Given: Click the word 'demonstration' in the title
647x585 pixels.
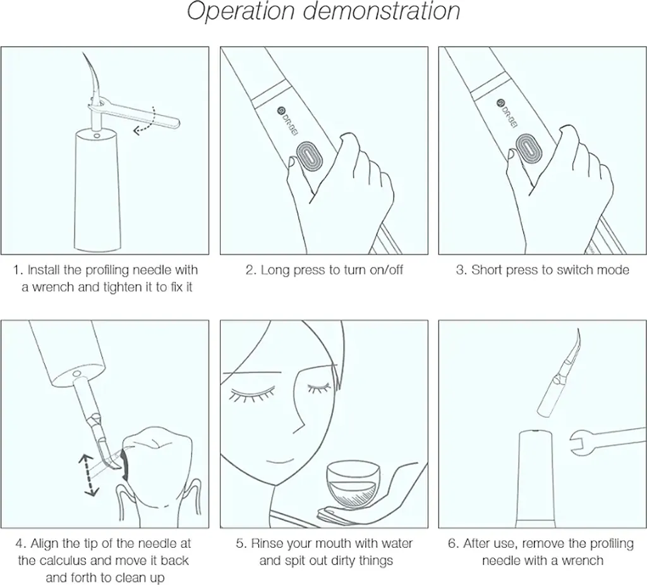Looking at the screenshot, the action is [x=382, y=11].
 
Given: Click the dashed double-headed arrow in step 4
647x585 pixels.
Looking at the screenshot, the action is [x=88, y=474].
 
